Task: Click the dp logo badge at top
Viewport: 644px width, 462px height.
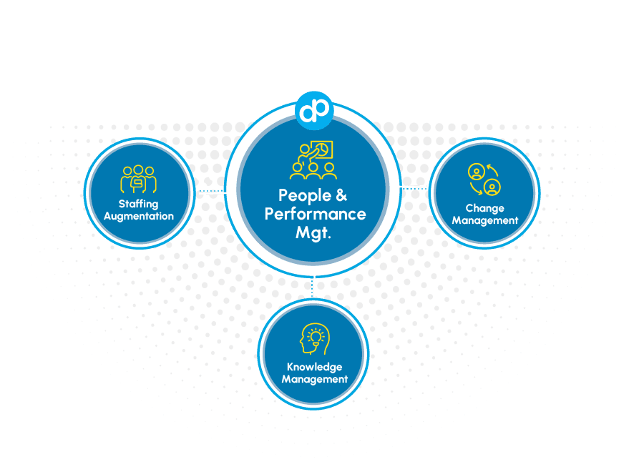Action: (x=314, y=109)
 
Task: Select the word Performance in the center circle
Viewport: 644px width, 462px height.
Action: (x=315, y=214)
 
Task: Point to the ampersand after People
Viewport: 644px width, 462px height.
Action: (x=341, y=195)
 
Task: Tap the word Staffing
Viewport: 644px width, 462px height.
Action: (x=139, y=205)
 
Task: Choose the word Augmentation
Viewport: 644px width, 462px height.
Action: (x=139, y=216)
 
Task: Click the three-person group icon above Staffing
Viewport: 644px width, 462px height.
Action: (x=139, y=180)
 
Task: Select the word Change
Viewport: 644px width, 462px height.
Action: (x=484, y=209)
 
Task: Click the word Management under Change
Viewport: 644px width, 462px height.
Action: (x=484, y=221)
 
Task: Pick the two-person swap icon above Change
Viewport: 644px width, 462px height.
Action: (x=484, y=180)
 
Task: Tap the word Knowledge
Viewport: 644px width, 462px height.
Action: (x=314, y=368)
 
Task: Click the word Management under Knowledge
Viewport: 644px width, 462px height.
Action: (x=314, y=380)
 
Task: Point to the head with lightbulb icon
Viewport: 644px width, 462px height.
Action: (x=314, y=339)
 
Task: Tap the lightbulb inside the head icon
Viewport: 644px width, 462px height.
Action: (x=317, y=335)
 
